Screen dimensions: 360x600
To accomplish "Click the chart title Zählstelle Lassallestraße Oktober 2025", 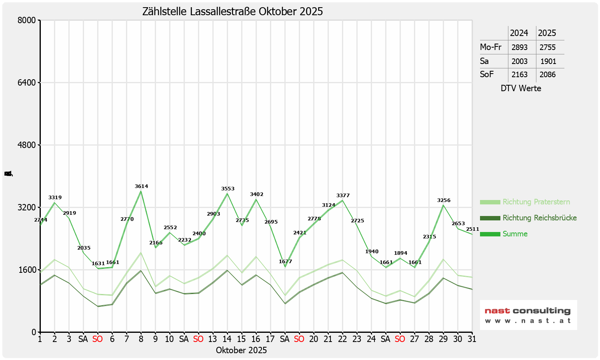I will coord(232,12).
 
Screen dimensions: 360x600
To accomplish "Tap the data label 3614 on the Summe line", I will coord(141,186).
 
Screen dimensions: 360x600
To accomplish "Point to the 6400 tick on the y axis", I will coord(27,83).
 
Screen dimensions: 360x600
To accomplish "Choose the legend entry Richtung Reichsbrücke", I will coord(539,218).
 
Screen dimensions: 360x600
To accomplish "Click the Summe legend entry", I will coord(515,234).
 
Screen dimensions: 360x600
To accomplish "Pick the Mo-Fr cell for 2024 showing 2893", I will coord(519,47).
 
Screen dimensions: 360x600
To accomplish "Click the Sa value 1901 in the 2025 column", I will coord(548,61).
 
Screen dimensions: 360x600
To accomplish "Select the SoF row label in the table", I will coord(487,74).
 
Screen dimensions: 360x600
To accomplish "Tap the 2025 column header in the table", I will coord(547,33).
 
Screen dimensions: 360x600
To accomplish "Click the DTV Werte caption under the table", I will coord(521,88).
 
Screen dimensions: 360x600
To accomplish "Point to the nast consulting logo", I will coord(528,315).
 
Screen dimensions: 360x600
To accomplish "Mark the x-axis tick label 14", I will coord(227,339).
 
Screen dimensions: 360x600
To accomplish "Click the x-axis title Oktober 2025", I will coord(241,350).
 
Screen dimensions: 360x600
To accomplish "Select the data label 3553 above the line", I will coord(228,189).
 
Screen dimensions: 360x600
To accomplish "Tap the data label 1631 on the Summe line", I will coord(98,264).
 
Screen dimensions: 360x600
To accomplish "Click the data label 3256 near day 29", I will coord(444,200).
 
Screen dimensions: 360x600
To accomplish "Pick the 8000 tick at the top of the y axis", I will coord(27,20).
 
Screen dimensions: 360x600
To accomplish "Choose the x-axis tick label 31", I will coord(472,339).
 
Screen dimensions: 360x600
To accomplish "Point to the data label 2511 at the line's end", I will coord(472,229).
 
